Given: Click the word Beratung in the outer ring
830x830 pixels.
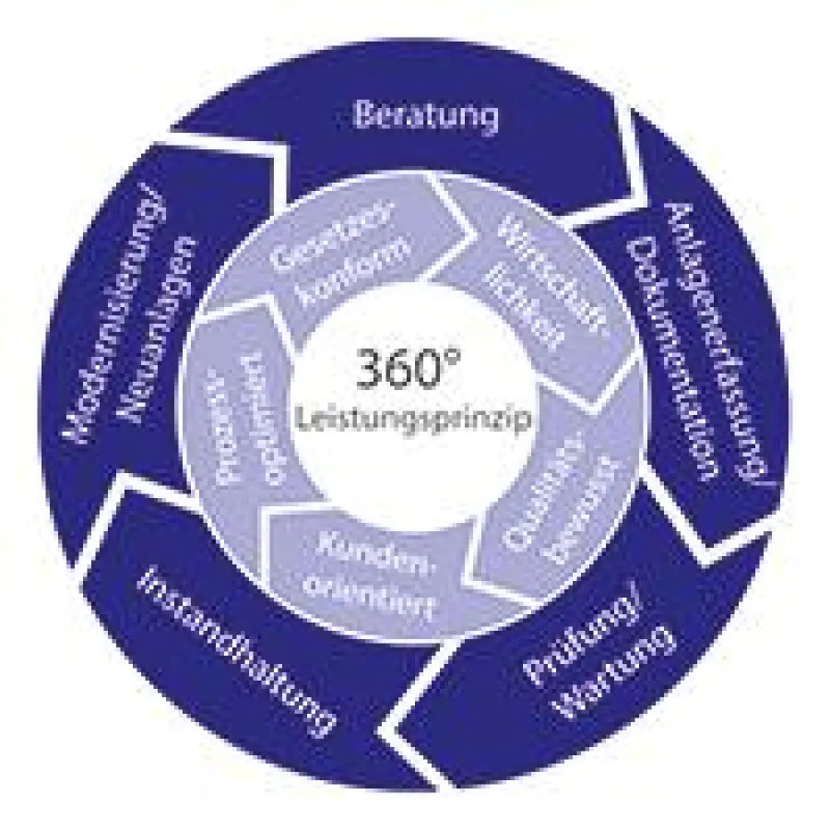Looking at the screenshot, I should coord(426,116).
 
